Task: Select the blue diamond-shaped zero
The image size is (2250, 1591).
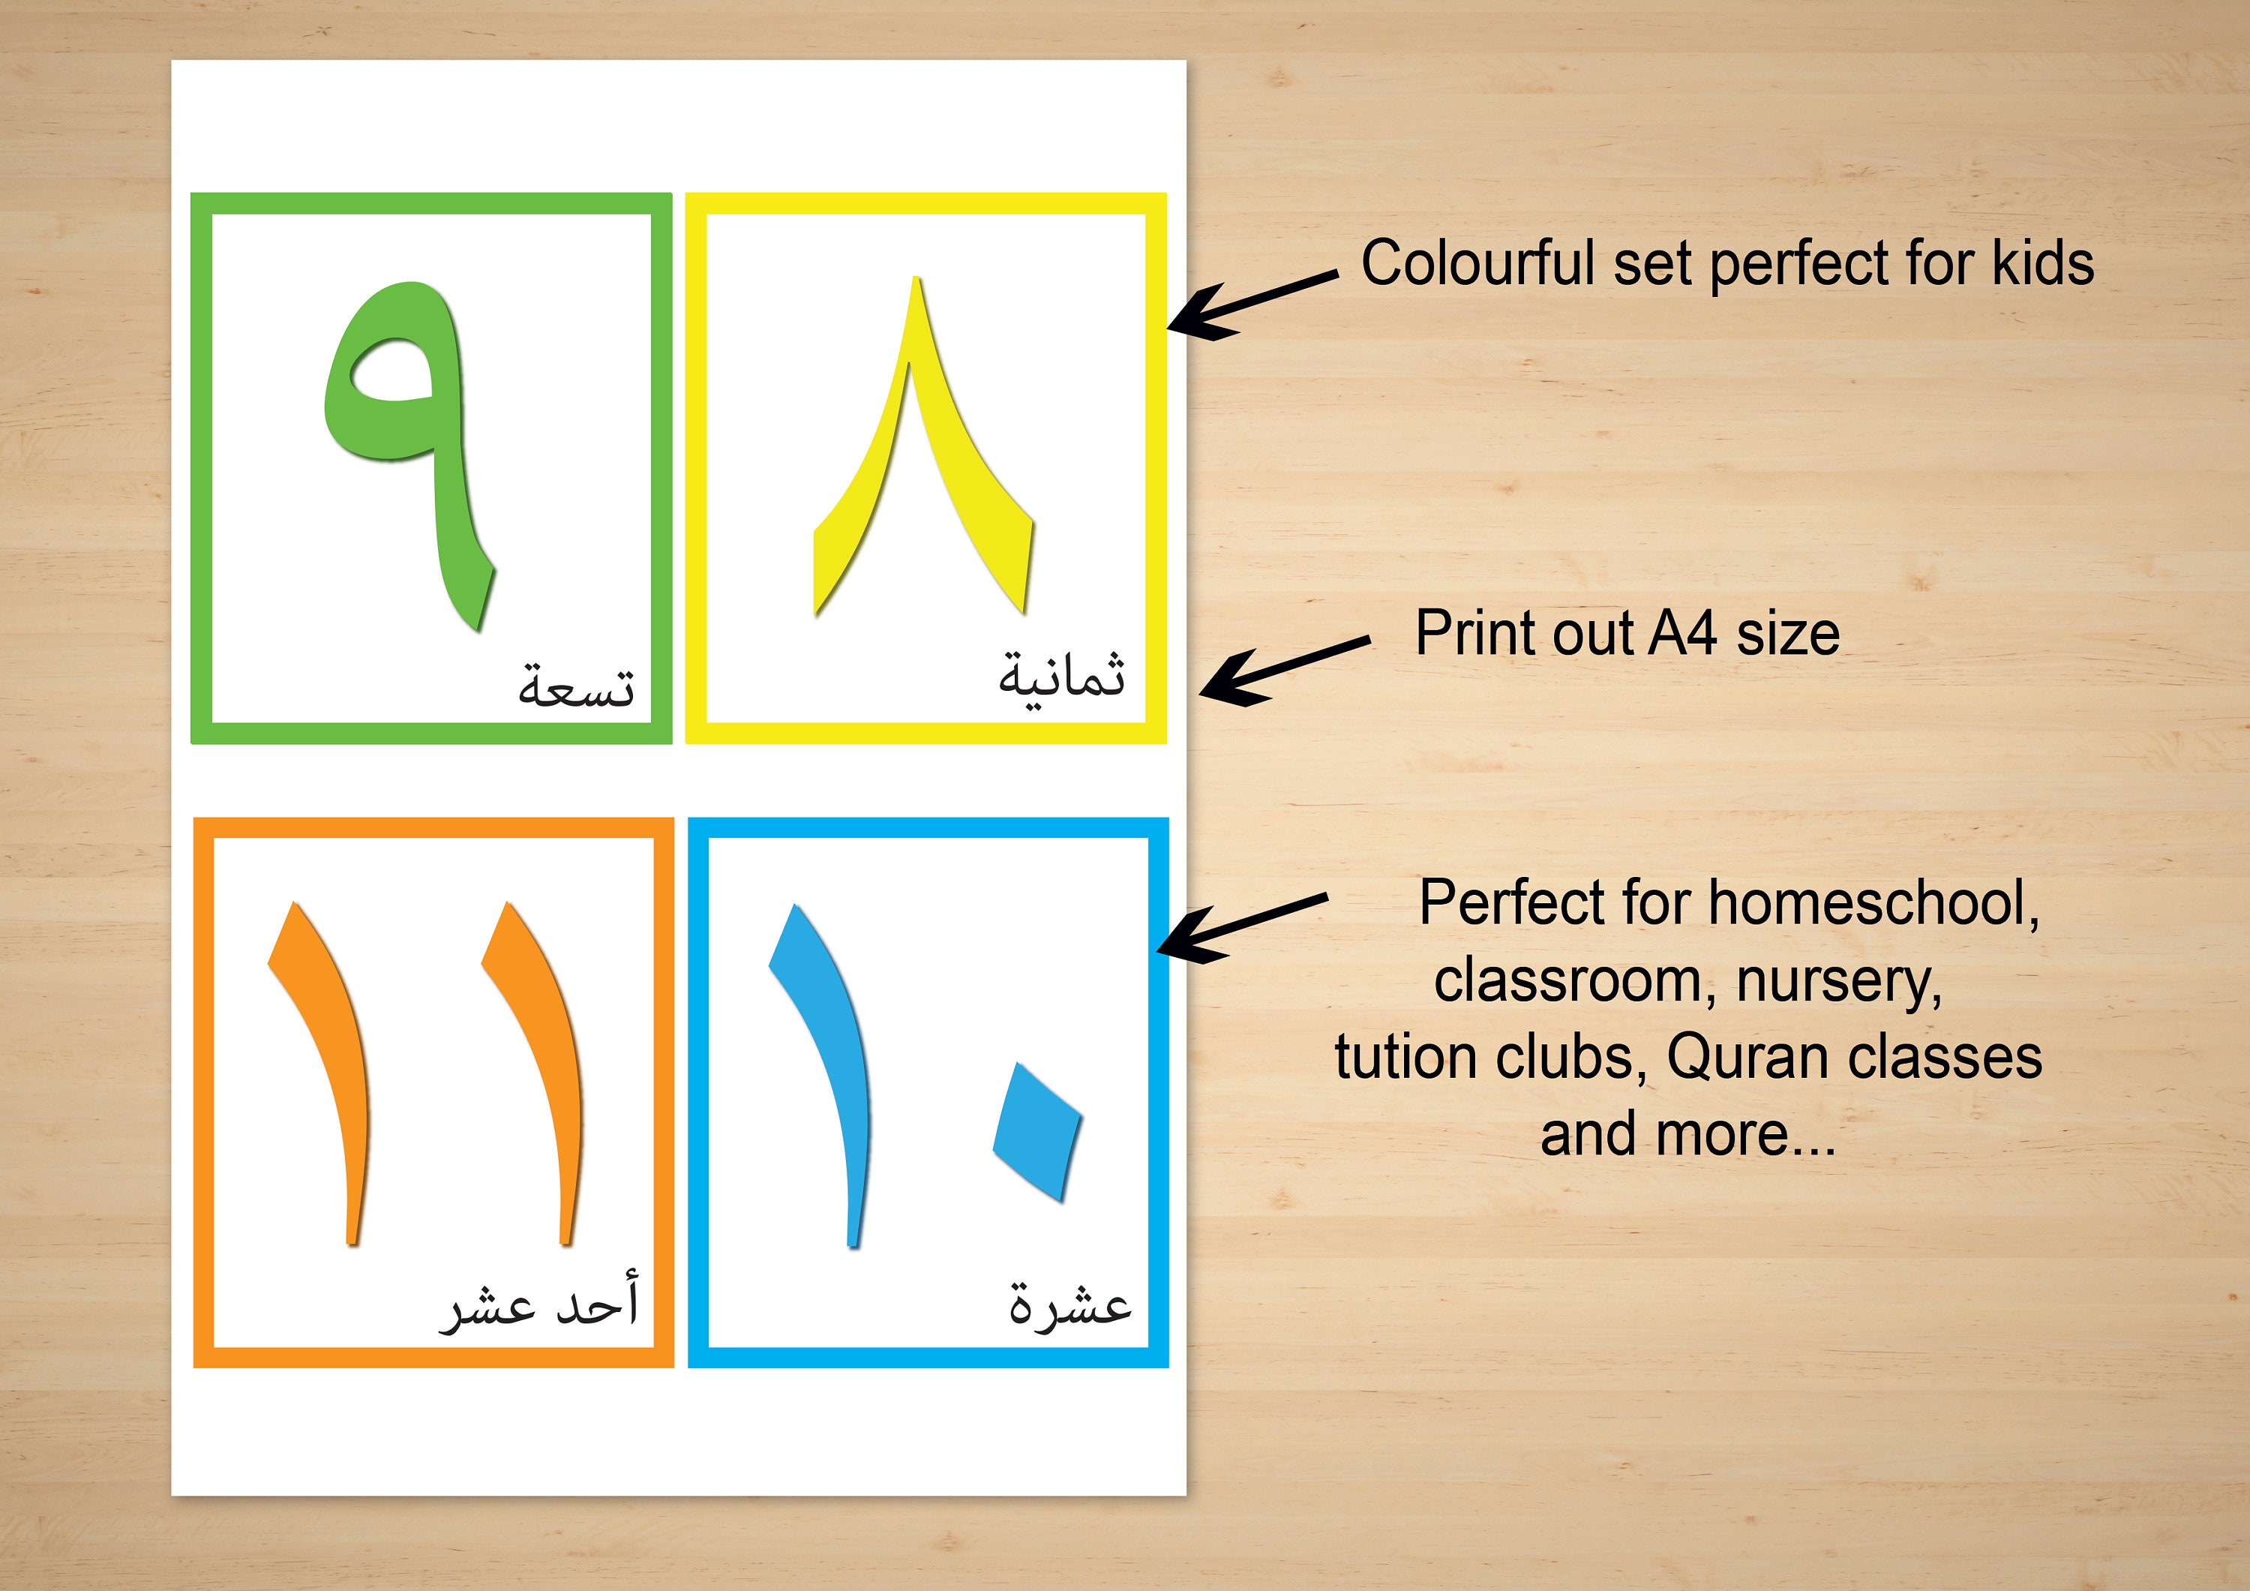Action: (1036, 1131)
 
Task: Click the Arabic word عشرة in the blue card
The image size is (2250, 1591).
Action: (1070, 1304)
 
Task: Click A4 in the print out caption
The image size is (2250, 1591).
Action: (1681, 633)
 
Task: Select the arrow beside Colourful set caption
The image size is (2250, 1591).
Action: (1249, 304)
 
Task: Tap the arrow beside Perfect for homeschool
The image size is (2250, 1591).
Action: (1240, 921)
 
